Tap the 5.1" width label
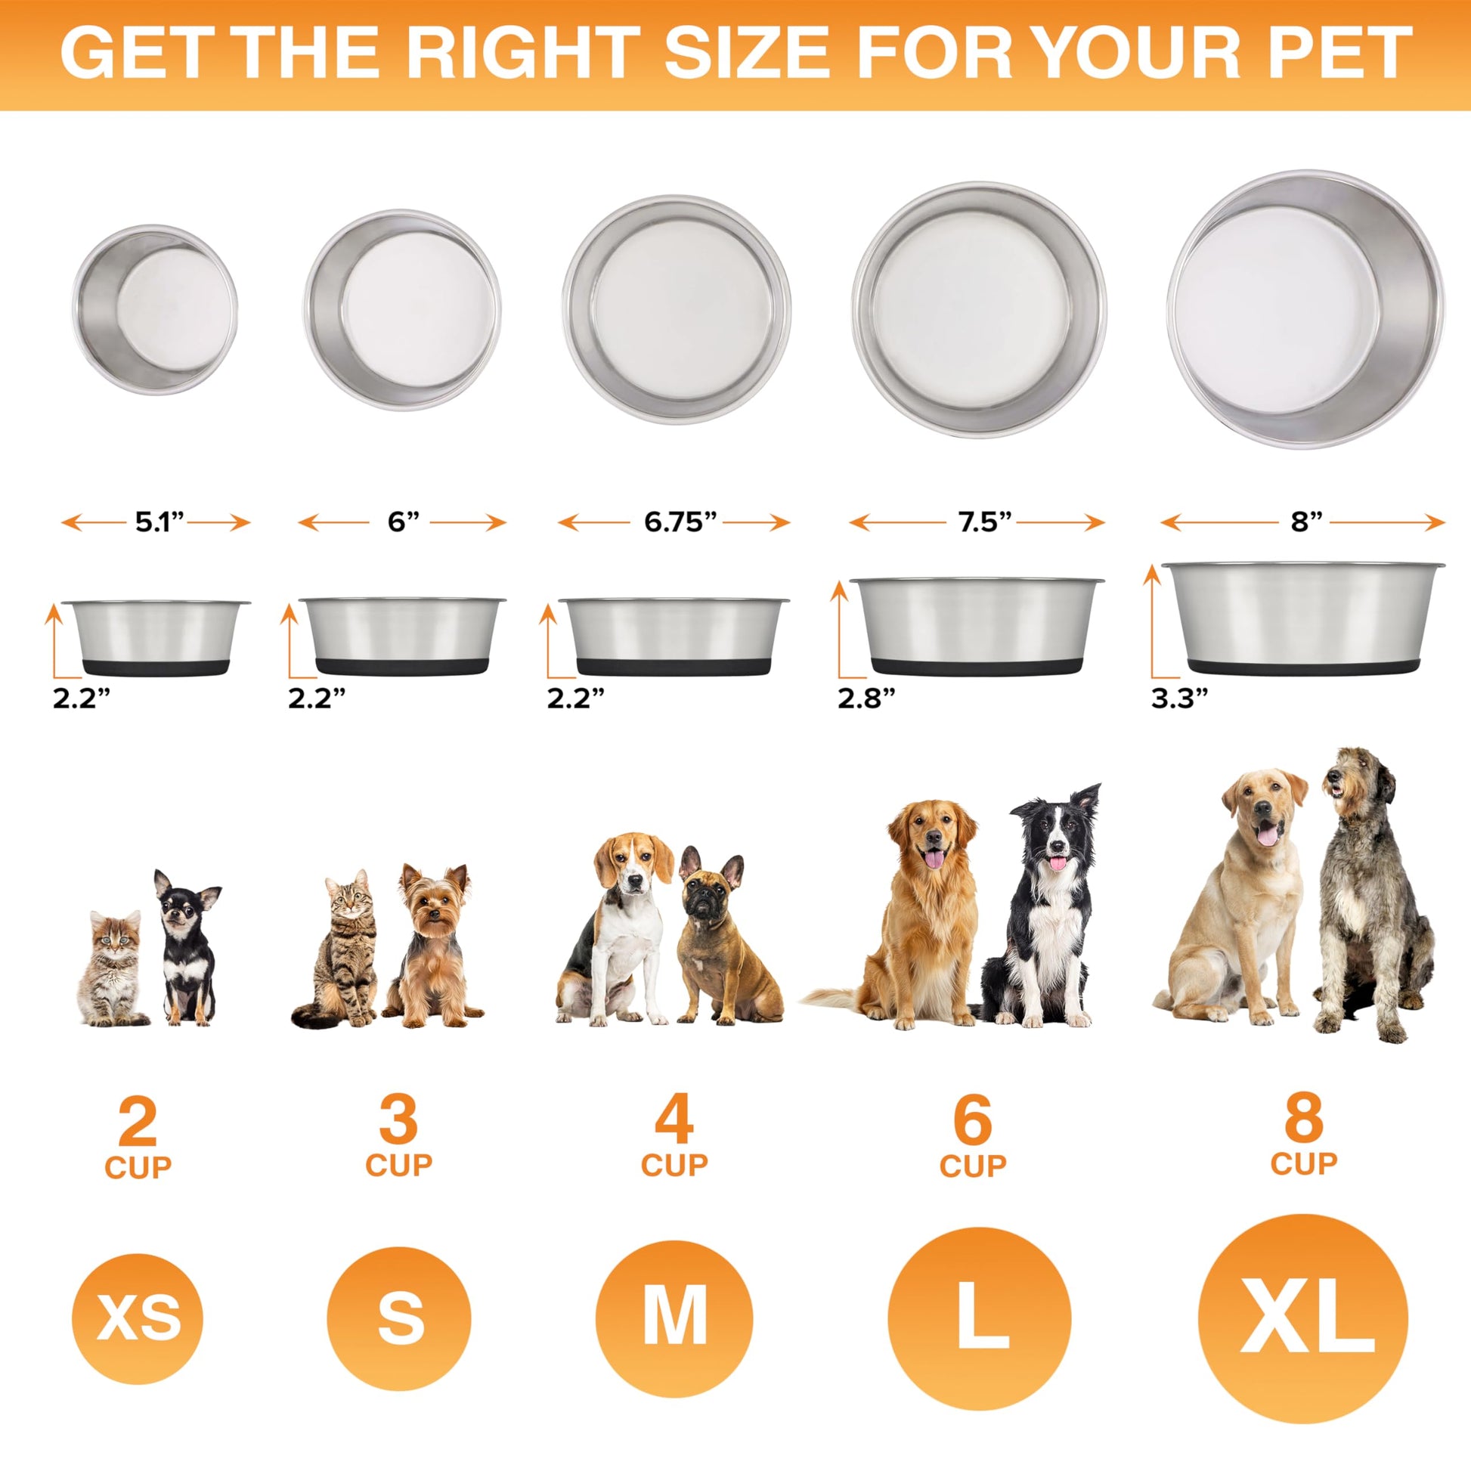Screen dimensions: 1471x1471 [160, 522]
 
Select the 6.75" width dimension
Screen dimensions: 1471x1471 [680, 522]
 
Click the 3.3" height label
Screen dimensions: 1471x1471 [1179, 698]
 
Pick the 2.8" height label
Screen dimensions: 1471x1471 [866, 698]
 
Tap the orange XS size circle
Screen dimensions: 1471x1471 [137, 1318]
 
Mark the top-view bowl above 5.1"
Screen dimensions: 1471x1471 [155, 309]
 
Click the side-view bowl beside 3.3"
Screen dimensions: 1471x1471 [1302, 618]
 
